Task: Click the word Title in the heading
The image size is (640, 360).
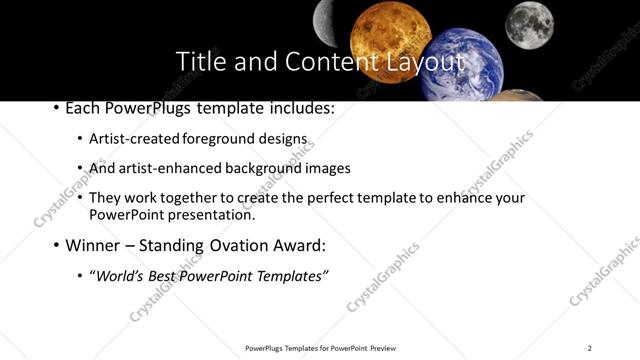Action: [x=199, y=62]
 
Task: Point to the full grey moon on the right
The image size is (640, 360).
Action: [x=529, y=23]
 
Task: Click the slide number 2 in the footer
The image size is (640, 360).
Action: [x=590, y=348]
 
